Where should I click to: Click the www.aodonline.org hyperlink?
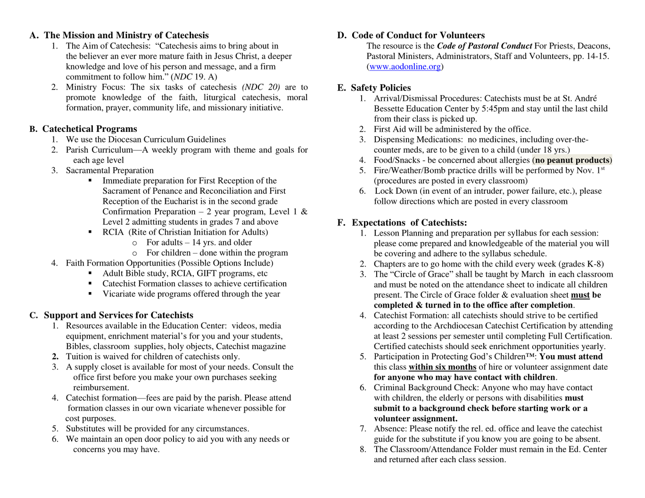[405, 66]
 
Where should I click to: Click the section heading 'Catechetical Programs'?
[90, 129]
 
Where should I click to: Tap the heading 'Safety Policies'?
[380, 88]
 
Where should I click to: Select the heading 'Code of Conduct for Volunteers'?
[418, 35]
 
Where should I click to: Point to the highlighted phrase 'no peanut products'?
[572, 160]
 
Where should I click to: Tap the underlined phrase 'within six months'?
[442, 367]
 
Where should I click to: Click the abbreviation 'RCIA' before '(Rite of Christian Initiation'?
[113, 232]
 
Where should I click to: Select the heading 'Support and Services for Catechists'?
[118, 315]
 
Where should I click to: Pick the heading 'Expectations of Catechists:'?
[409, 223]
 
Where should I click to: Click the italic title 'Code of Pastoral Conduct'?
[484, 46]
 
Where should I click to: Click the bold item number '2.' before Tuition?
[55, 357]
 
